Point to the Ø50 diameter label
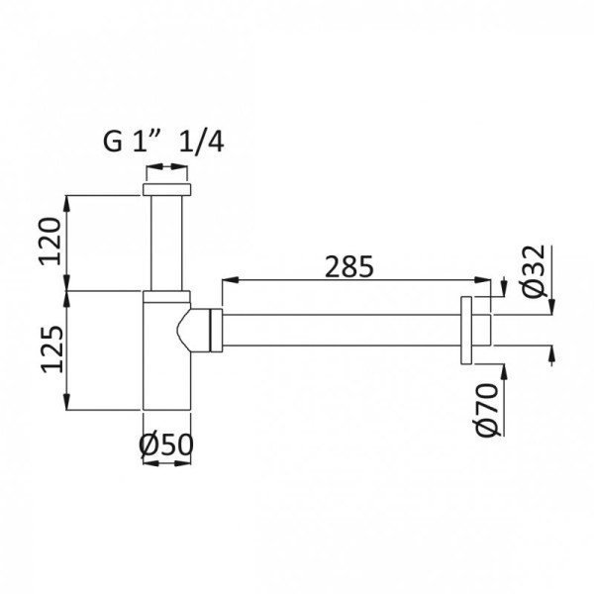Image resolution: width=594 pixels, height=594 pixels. click(166, 446)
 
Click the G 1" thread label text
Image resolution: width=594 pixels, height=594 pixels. click(133, 142)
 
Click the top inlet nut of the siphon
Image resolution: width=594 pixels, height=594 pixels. click(166, 189)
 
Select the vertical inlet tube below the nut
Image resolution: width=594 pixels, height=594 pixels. click(166, 243)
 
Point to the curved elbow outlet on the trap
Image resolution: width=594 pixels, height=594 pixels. click(190, 330)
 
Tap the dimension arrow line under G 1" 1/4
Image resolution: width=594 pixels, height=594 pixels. click(166, 169)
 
